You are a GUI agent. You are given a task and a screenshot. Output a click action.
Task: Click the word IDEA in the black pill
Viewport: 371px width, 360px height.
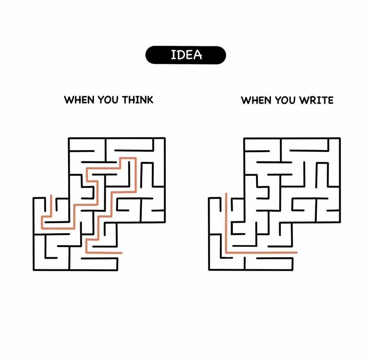click(x=186, y=55)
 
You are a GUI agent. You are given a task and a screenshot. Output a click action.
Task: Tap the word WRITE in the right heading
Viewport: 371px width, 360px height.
click(x=316, y=100)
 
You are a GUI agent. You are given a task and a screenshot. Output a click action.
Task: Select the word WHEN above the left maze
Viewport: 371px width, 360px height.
click(x=79, y=100)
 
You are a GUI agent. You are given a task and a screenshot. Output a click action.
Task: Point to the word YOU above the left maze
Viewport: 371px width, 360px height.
click(x=108, y=100)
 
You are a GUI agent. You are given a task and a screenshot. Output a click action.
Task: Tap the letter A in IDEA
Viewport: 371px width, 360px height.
click(x=198, y=55)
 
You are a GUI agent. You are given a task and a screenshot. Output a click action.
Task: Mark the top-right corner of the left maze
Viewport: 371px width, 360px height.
click(x=165, y=138)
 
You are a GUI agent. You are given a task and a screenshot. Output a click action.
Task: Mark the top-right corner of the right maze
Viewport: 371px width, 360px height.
click(x=340, y=138)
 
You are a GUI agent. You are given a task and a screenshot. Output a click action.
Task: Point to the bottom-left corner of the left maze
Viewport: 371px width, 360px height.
click(x=34, y=270)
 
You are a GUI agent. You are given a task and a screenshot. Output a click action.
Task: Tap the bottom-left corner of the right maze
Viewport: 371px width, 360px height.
click(x=209, y=270)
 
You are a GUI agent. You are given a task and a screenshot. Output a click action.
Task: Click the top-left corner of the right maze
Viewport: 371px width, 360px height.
click(x=244, y=138)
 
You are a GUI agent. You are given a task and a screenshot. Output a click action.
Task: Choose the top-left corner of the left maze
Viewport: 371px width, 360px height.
click(x=69, y=138)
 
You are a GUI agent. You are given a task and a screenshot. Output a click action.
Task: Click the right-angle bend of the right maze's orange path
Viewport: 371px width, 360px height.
click(x=226, y=252)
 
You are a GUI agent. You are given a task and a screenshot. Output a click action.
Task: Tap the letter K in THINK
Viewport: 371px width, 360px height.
click(x=150, y=100)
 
